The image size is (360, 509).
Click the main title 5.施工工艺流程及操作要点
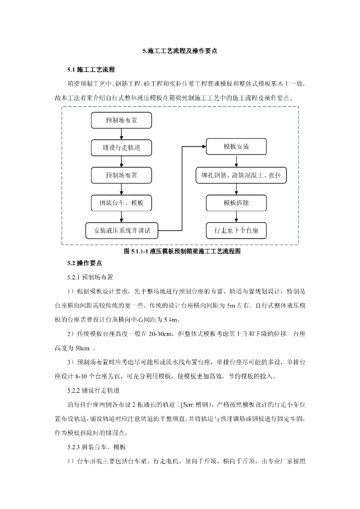[x=180, y=51]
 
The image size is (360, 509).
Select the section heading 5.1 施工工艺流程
[x=91, y=70]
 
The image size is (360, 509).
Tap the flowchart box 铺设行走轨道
[x=121, y=148]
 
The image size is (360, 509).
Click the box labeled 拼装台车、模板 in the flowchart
[x=121, y=203]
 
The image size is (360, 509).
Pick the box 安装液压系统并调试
[x=121, y=230]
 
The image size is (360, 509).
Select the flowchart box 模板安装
[x=236, y=148]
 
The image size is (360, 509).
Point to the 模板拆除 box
[x=236, y=203]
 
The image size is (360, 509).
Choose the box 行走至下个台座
[x=236, y=230]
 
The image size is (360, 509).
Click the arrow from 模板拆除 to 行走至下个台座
[x=236, y=217]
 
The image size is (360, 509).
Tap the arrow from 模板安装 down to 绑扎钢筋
[x=236, y=162]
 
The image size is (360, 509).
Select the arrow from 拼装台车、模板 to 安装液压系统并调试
[x=121, y=216]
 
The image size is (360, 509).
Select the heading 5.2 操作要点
[x=85, y=262]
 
